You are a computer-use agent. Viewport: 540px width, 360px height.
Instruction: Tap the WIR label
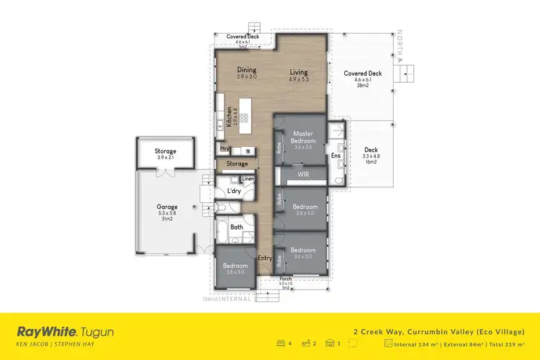[x=303, y=174]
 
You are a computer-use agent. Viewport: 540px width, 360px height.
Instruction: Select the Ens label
[x=335, y=156]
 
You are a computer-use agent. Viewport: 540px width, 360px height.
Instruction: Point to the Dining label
[x=247, y=70]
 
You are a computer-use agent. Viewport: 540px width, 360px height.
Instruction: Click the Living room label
[x=299, y=72]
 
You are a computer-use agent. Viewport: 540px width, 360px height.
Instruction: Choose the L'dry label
[x=234, y=191]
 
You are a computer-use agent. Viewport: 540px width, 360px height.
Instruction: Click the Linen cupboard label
[x=248, y=179]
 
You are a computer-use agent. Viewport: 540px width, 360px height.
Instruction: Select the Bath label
[x=236, y=227]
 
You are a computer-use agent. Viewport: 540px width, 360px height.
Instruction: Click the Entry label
[x=265, y=257]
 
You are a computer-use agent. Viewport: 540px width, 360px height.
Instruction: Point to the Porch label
[x=286, y=279]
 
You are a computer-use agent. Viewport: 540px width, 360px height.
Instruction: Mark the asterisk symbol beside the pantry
[x=248, y=151]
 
